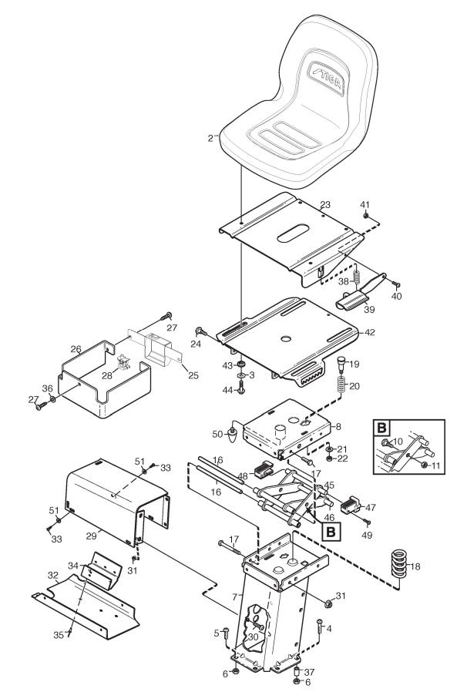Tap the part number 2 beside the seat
click(210, 139)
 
